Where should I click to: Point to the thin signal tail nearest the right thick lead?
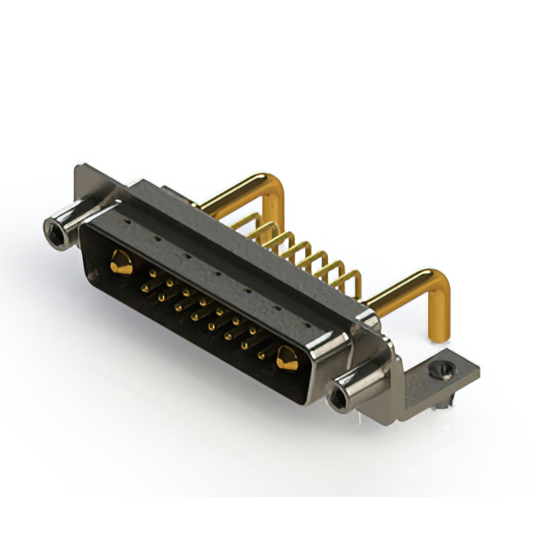(353, 281)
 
